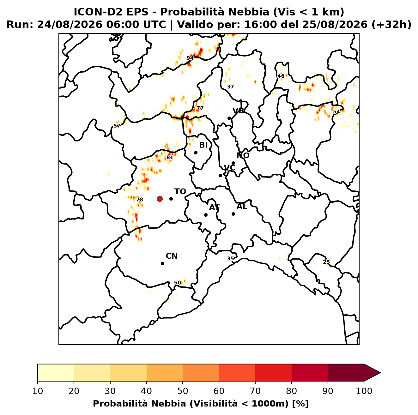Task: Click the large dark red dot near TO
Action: click(160, 199)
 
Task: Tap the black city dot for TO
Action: click(171, 199)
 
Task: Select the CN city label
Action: click(172, 256)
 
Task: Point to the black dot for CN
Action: click(162, 264)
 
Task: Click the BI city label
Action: click(203, 145)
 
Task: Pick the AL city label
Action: click(242, 207)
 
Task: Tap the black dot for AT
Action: click(206, 215)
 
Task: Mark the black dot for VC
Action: click(221, 175)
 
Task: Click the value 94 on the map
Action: click(190, 58)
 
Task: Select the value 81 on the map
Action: click(170, 158)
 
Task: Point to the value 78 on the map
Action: click(139, 199)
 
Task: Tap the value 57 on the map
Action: click(117, 126)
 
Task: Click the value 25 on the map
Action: click(326, 262)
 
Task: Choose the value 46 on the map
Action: click(281, 76)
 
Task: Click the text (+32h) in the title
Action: click(391, 25)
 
